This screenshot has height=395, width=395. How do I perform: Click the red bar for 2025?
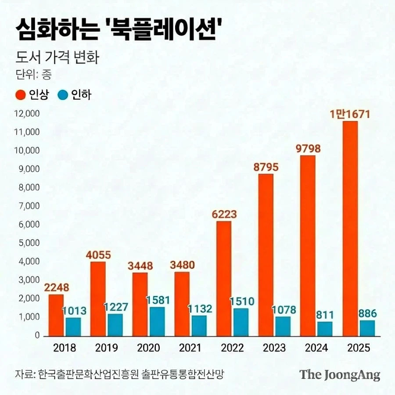coord(350,228)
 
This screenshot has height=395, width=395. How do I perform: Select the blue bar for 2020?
coord(157,321)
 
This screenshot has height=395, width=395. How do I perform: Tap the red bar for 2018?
coord(56,315)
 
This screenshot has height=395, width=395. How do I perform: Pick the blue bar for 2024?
coord(325,329)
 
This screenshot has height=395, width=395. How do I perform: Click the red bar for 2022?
coord(224,278)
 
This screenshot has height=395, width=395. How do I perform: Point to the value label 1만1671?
coord(350,115)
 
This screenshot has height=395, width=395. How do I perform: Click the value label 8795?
coord(266,167)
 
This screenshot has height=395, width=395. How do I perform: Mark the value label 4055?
coord(98,255)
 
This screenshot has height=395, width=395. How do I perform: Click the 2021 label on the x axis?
coord(190,348)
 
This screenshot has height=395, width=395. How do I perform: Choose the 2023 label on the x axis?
coord(274,348)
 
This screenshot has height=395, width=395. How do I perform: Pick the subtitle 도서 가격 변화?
coord(57,57)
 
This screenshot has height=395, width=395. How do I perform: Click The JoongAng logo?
coord(340,375)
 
